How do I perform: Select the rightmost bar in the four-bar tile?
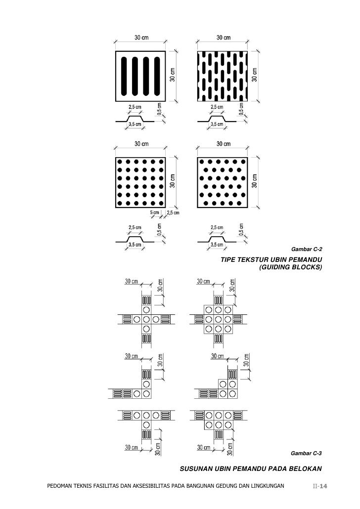coord(158,76)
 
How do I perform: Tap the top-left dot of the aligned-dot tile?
coord(120,162)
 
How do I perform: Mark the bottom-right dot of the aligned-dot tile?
coord(162,203)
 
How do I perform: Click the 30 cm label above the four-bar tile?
coord(141,38)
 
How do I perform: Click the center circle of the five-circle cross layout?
coord(146,319)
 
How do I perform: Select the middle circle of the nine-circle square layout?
coord(218,319)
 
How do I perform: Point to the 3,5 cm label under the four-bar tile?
coord(135,125)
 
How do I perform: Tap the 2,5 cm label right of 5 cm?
coord(173,213)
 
